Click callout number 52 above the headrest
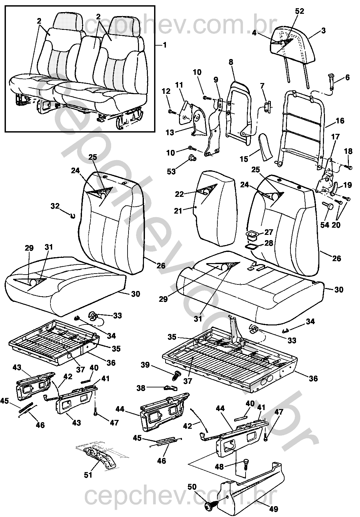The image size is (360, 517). point(299,11)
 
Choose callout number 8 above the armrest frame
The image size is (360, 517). point(231,62)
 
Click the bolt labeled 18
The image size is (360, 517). point(350,168)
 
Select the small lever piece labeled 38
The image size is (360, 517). point(169,388)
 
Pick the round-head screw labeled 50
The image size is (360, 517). point(209,507)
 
